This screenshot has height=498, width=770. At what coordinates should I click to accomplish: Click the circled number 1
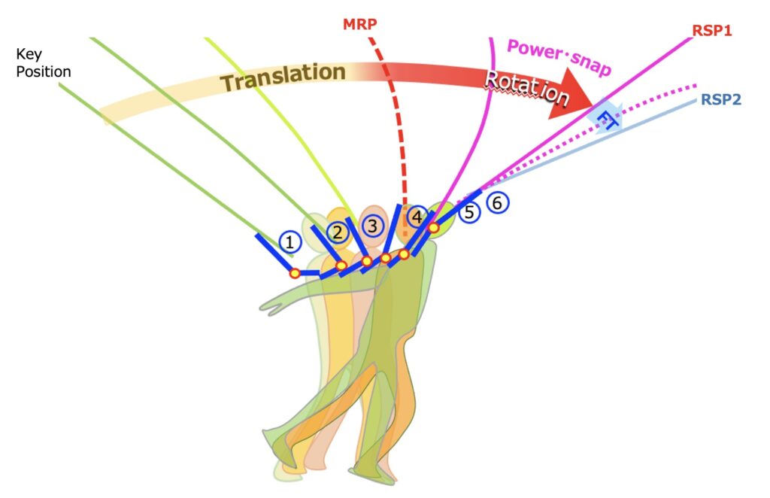[x=290, y=241]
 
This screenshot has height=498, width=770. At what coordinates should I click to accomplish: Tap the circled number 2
[x=338, y=231]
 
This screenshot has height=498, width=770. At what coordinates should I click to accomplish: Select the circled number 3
[x=373, y=225]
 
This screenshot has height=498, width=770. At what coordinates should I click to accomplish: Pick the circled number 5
[x=469, y=212]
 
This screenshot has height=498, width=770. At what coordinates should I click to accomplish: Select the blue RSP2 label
[x=721, y=99]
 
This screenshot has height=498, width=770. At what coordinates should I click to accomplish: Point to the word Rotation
[x=526, y=87]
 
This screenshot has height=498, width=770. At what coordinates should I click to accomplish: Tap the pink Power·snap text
[x=559, y=56]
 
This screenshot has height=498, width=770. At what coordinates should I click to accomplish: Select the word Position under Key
[x=44, y=71]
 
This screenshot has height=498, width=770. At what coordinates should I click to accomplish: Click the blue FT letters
[x=605, y=117]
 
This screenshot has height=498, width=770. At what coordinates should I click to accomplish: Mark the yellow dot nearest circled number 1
[x=296, y=273]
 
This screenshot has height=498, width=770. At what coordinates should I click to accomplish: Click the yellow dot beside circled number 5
[x=434, y=227]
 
